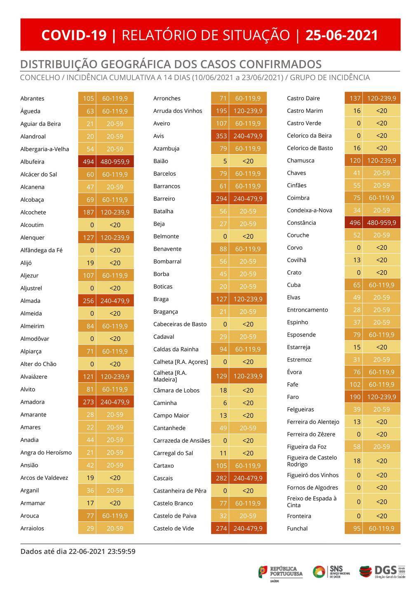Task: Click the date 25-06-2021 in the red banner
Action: tap(341, 35)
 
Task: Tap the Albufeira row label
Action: tap(32, 162)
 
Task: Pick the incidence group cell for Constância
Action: tap(381, 223)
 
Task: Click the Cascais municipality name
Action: tap(163, 478)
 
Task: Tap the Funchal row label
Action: tap(297, 528)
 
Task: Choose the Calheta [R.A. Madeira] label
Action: tap(170, 376)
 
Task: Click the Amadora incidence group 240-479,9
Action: tap(115, 402)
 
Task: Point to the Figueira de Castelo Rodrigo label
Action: tap(312, 461)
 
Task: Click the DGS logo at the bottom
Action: tap(382, 572)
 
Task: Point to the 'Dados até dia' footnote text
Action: tap(78, 551)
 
